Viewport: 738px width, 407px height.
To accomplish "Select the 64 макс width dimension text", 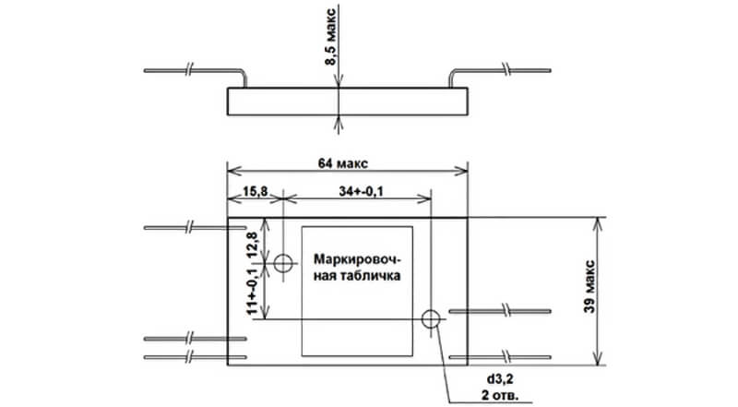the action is (x=342, y=163).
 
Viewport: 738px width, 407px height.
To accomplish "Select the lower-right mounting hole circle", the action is (x=430, y=319).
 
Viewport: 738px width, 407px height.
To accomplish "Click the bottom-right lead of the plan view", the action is (x=503, y=354).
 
